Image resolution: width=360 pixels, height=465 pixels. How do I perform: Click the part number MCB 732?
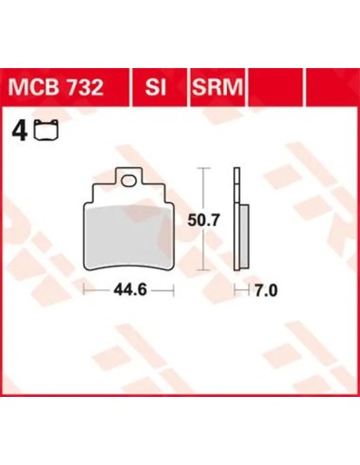(x=56, y=87)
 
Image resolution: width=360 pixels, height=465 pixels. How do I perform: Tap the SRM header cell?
(x=217, y=87)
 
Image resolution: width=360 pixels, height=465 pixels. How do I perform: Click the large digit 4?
(x=19, y=131)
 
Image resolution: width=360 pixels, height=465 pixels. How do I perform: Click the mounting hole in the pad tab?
(x=129, y=181)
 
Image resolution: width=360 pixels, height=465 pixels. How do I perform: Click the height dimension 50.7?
(x=203, y=220)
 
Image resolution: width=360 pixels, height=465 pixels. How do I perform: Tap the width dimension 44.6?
(x=130, y=289)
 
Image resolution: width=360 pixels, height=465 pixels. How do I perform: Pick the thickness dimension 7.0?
(x=266, y=290)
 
